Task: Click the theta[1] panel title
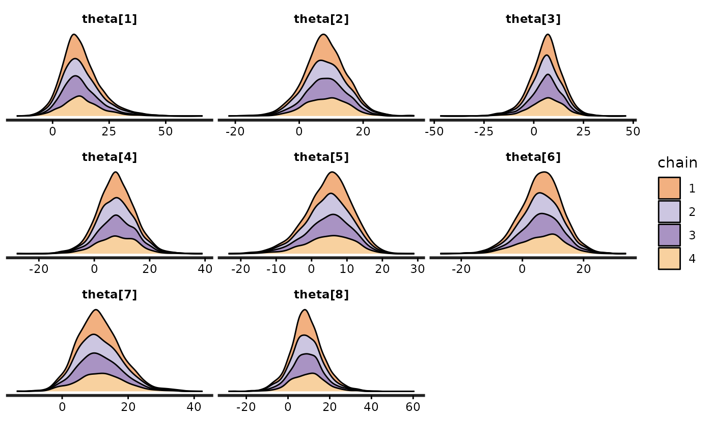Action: tap(109, 19)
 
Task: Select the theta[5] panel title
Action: tap(321, 157)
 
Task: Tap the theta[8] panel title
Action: tap(321, 294)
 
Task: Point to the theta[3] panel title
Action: tap(533, 19)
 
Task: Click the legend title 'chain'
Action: tap(677, 163)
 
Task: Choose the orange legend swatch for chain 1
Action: tap(669, 188)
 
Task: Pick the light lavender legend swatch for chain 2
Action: tap(669, 212)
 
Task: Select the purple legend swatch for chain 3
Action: tap(669, 235)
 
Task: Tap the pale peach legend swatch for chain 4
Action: tap(669, 259)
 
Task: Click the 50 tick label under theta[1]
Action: tap(166, 131)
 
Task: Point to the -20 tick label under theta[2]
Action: tap(235, 131)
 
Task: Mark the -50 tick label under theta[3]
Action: tap(434, 131)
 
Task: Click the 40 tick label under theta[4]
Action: tap(205, 269)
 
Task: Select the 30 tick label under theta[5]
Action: tap(418, 269)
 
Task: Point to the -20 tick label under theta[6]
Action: tap(461, 269)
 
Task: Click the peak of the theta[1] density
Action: tap(74, 35)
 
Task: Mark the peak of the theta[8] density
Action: tap(305, 310)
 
